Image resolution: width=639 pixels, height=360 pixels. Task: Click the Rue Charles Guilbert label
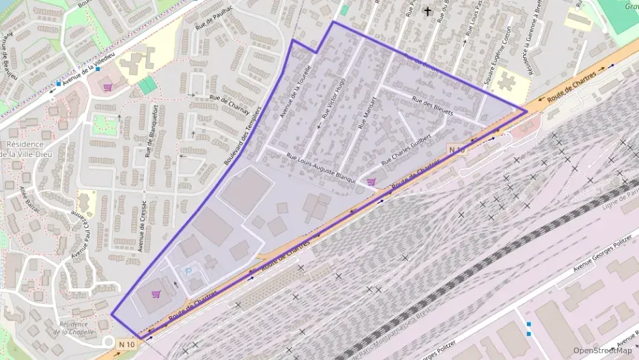(406, 150)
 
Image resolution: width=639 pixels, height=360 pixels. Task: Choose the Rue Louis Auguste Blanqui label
(321, 167)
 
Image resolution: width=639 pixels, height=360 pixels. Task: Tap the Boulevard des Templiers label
(243, 136)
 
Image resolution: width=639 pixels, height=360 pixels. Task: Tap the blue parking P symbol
(189, 271)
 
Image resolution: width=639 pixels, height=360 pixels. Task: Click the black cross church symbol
(428, 11)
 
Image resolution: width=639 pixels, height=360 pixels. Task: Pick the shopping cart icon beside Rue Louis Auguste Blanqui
(371, 181)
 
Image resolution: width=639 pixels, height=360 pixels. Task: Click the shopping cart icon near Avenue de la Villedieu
(107, 87)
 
